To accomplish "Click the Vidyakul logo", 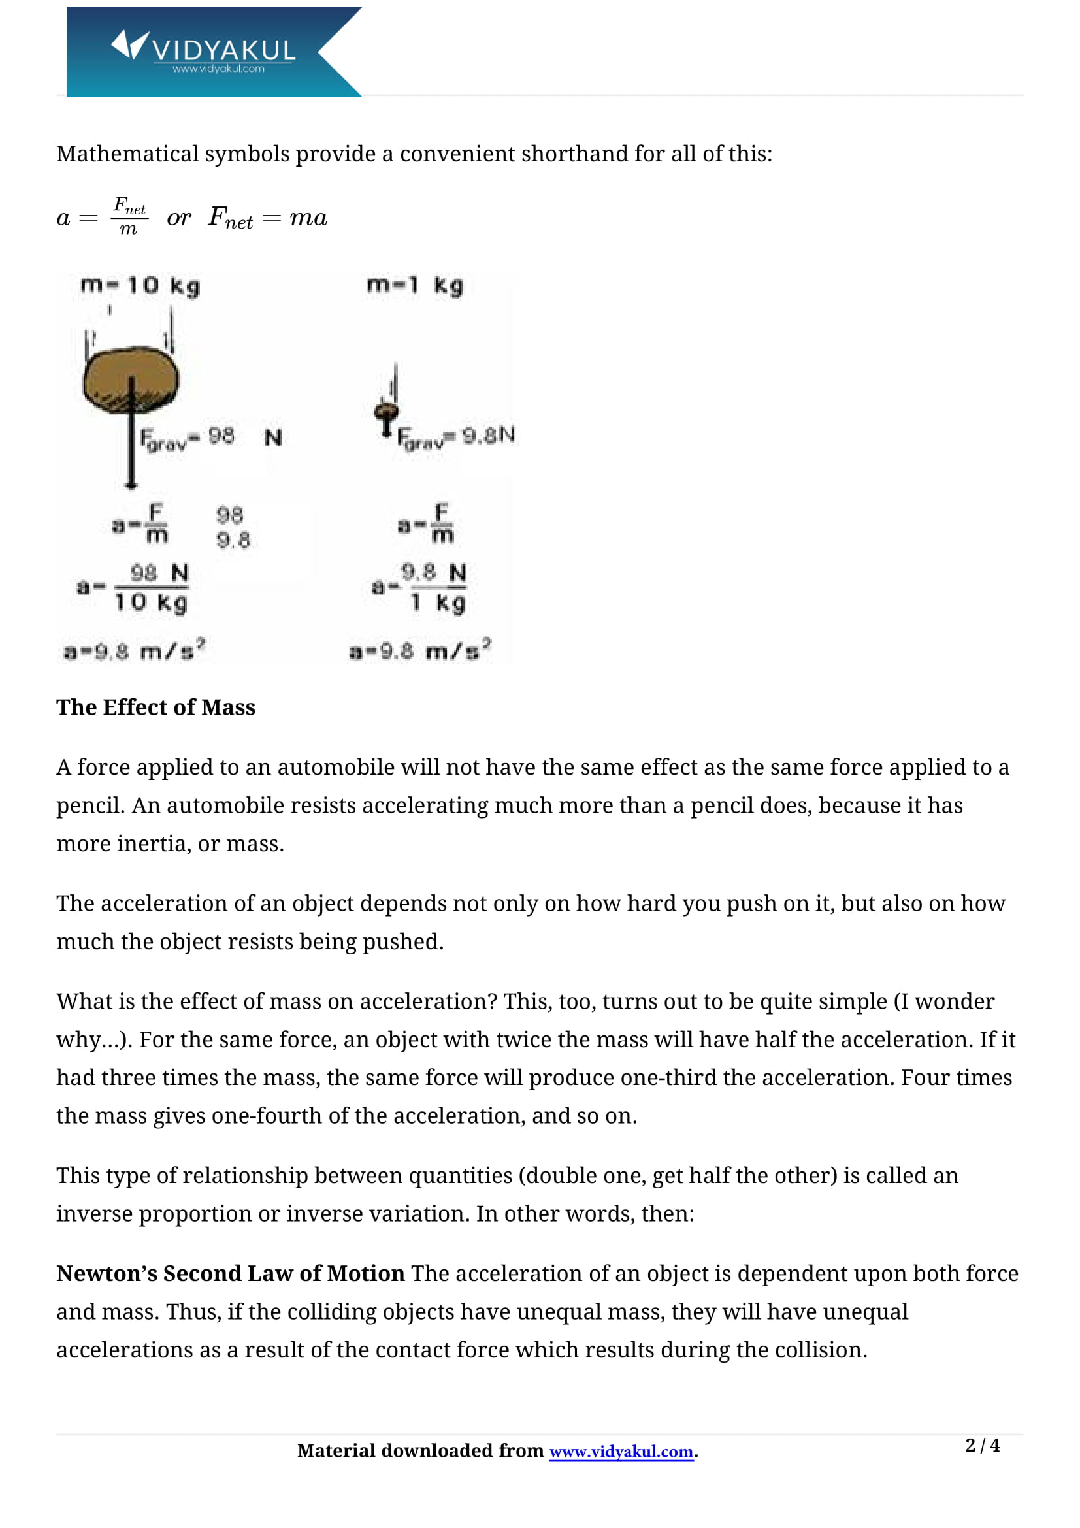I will [x=203, y=52].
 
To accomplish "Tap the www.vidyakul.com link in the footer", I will [x=620, y=1451].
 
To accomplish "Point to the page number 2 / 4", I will [x=981, y=1445].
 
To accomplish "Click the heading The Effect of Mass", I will [x=155, y=707].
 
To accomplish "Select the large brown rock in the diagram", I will [x=131, y=380].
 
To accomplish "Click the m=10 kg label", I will [x=140, y=285].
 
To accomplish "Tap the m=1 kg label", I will [x=416, y=285].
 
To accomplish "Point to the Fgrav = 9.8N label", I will [x=457, y=437].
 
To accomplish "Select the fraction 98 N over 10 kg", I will [x=152, y=588].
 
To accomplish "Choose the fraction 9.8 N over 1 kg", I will [x=434, y=588].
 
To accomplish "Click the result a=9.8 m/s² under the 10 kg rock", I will [x=135, y=650].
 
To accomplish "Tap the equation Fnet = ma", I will [x=267, y=218].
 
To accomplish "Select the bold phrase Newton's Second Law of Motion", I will [x=230, y=1273].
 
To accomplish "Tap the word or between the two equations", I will [x=178, y=218].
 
